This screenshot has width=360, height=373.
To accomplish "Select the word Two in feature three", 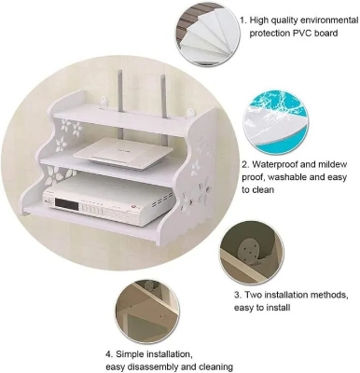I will tap(258, 293).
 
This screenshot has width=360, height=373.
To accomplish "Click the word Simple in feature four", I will tap(133, 355).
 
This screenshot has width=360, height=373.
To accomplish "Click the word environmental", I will tap(323, 19).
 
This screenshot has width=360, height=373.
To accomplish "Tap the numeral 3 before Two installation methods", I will tap(237, 293).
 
